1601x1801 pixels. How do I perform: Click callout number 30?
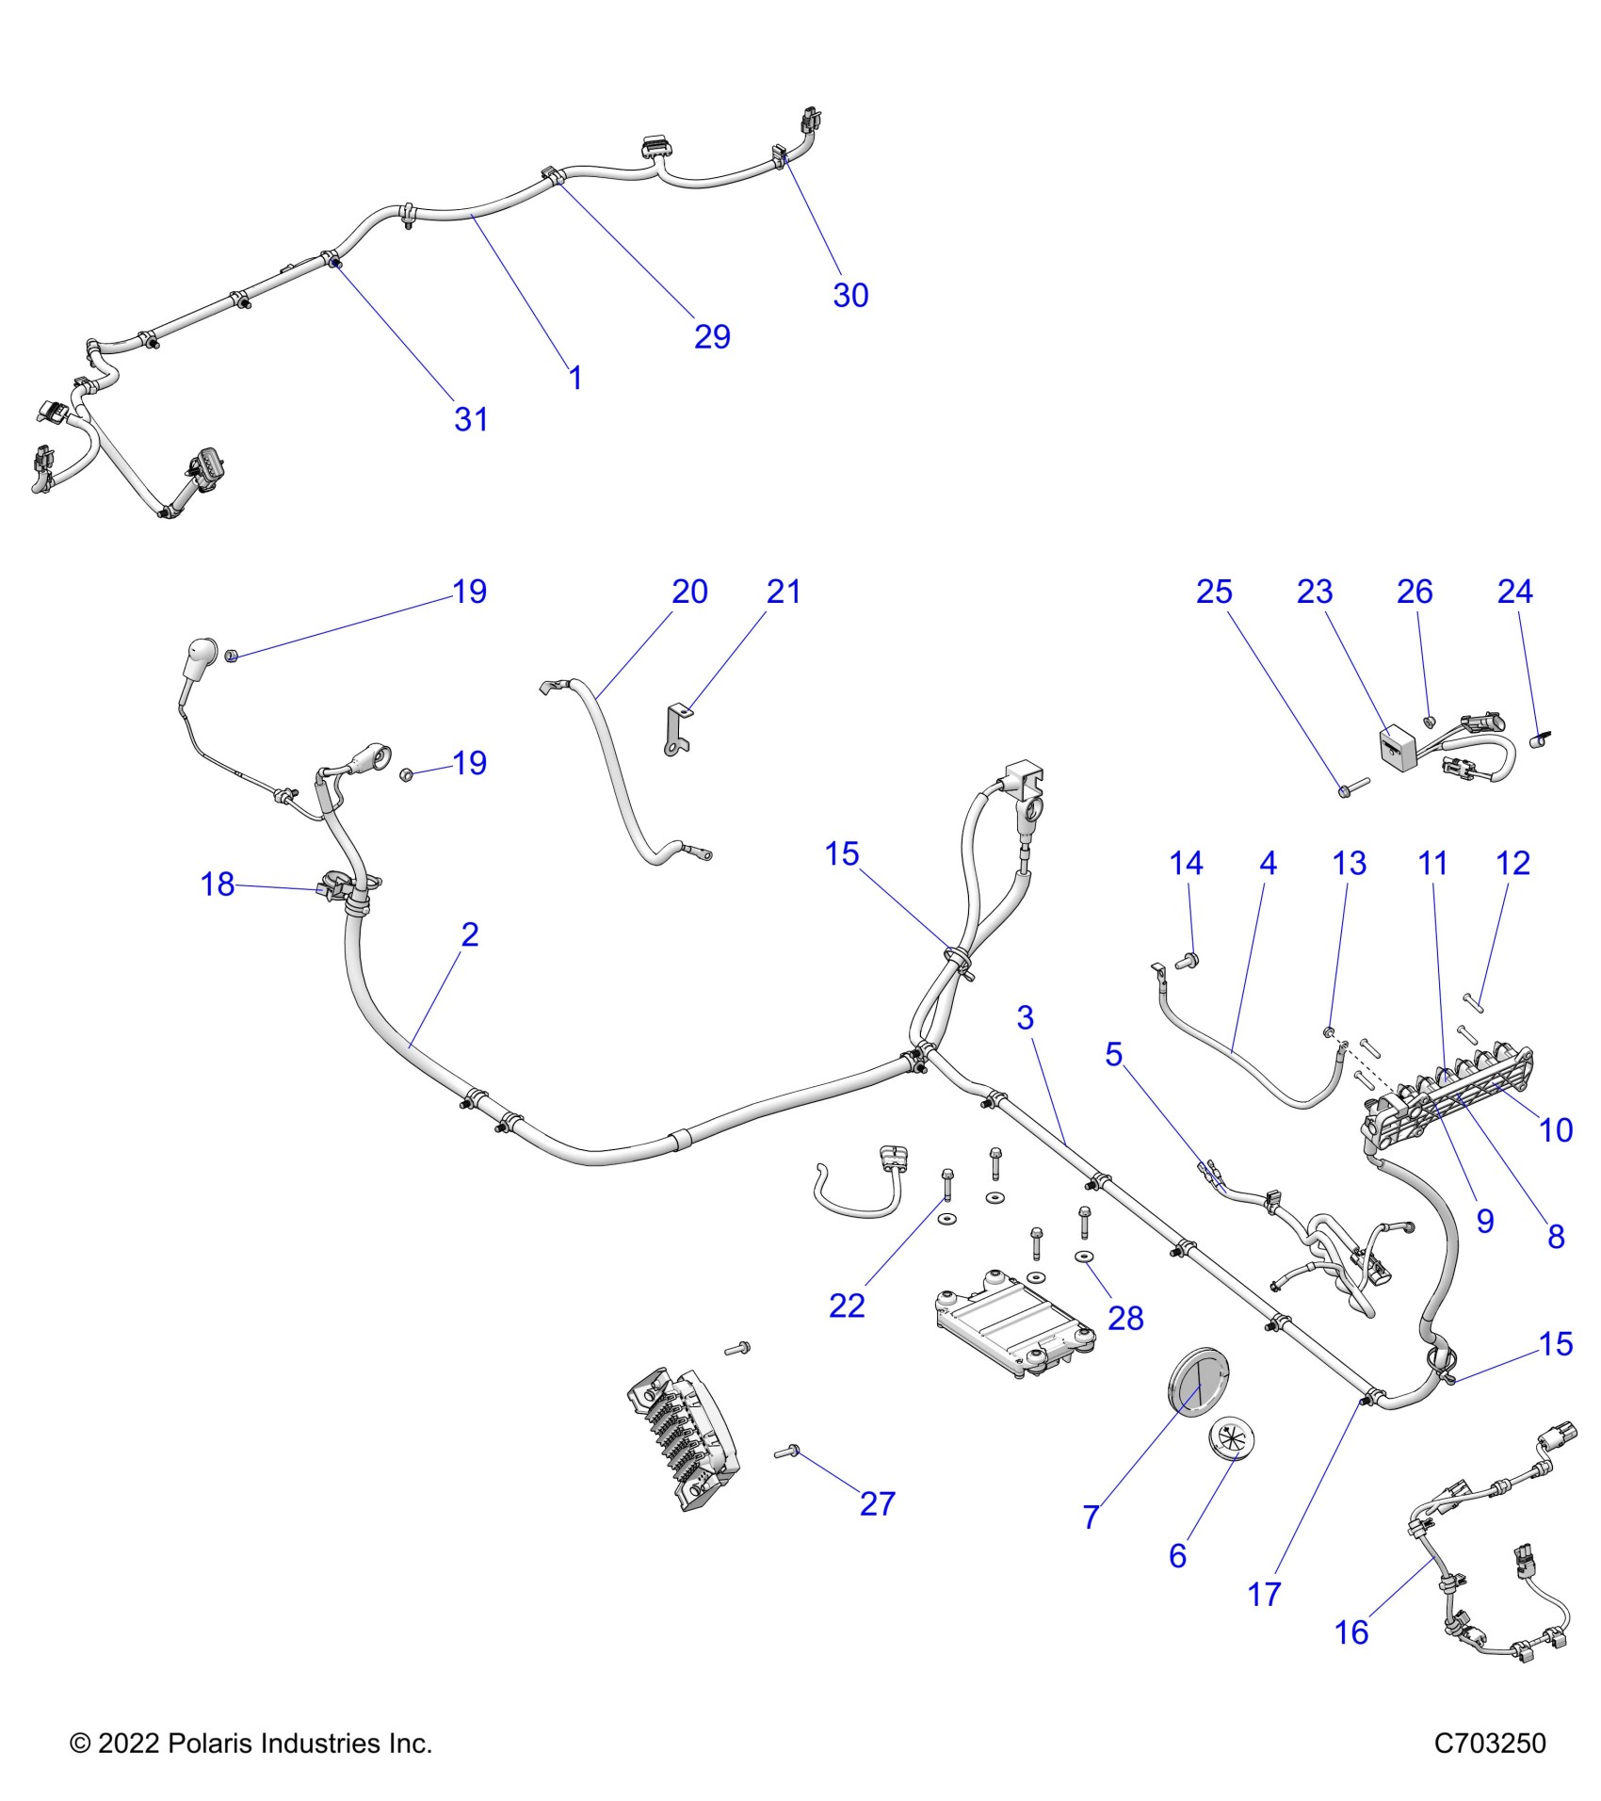point(849,296)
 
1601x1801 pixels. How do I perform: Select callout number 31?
point(471,419)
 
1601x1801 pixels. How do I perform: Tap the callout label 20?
point(689,592)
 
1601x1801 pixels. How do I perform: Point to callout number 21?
point(783,592)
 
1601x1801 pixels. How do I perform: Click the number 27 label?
point(877,1504)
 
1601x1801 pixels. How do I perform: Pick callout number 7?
point(1091,1517)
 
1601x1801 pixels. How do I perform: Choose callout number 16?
point(1351,1632)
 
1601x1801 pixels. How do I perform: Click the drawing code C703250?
point(1489,1744)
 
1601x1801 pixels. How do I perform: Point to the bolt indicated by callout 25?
point(1352,784)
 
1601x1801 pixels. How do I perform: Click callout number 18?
point(218,884)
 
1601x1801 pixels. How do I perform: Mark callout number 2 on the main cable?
point(469,934)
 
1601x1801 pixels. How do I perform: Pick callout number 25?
point(1213,592)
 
